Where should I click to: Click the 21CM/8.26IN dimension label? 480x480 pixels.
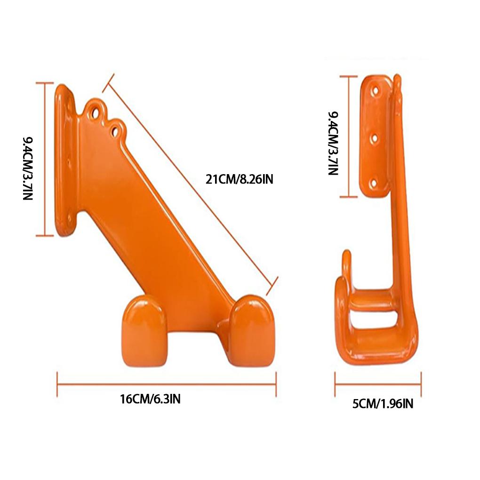click(239, 179)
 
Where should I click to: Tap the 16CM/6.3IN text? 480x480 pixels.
click(150, 400)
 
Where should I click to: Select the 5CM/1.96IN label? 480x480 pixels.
click(383, 403)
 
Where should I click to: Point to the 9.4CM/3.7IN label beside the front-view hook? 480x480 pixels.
click(28, 168)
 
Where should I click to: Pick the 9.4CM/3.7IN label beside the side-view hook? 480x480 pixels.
click(333, 144)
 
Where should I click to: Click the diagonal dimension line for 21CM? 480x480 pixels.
click(188, 181)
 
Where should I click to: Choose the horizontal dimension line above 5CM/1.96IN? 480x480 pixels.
click(378, 384)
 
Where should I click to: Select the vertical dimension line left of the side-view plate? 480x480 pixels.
click(348, 136)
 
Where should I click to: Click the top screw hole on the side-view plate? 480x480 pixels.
click(376, 88)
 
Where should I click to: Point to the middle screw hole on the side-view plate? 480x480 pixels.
click(376, 137)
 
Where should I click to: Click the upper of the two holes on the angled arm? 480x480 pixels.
click(96, 112)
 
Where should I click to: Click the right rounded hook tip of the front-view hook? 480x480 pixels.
click(251, 329)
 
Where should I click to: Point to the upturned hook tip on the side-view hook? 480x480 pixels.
click(346, 261)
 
